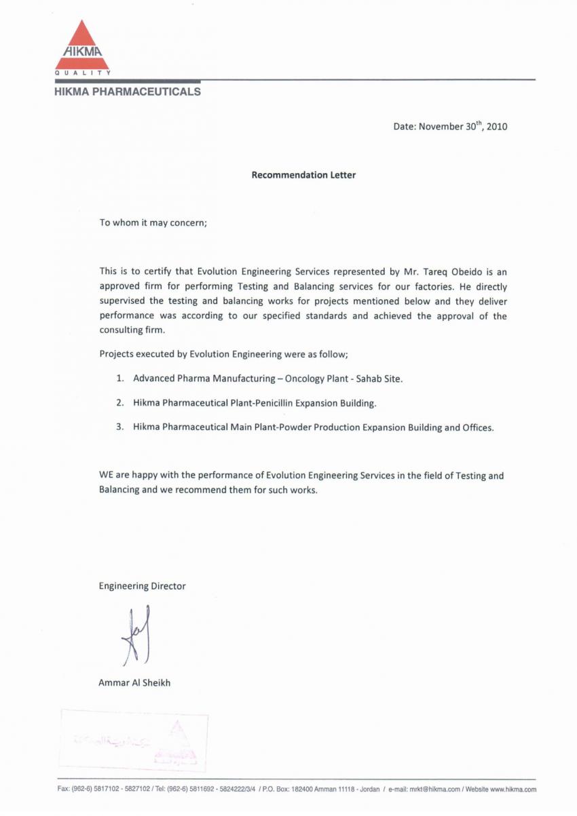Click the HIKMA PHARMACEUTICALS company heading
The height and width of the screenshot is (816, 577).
click(x=128, y=91)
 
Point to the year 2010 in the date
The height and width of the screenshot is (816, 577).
click(x=497, y=126)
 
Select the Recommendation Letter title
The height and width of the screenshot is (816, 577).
click(x=303, y=175)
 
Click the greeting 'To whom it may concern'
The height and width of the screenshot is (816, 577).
click(x=153, y=222)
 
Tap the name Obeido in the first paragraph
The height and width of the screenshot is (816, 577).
click(x=464, y=271)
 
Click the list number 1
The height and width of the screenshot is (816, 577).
click(x=119, y=378)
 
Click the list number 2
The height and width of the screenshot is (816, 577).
click(x=119, y=403)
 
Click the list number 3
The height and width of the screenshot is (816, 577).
click(x=119, y=428)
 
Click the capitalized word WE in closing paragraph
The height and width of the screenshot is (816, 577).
click(x=107, y=475)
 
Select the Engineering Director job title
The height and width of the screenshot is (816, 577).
click(x=142, y=586)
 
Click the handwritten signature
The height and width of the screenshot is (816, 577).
click(x=136, y=635)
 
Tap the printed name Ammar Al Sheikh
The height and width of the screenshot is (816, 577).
click(x=134, y=683)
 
